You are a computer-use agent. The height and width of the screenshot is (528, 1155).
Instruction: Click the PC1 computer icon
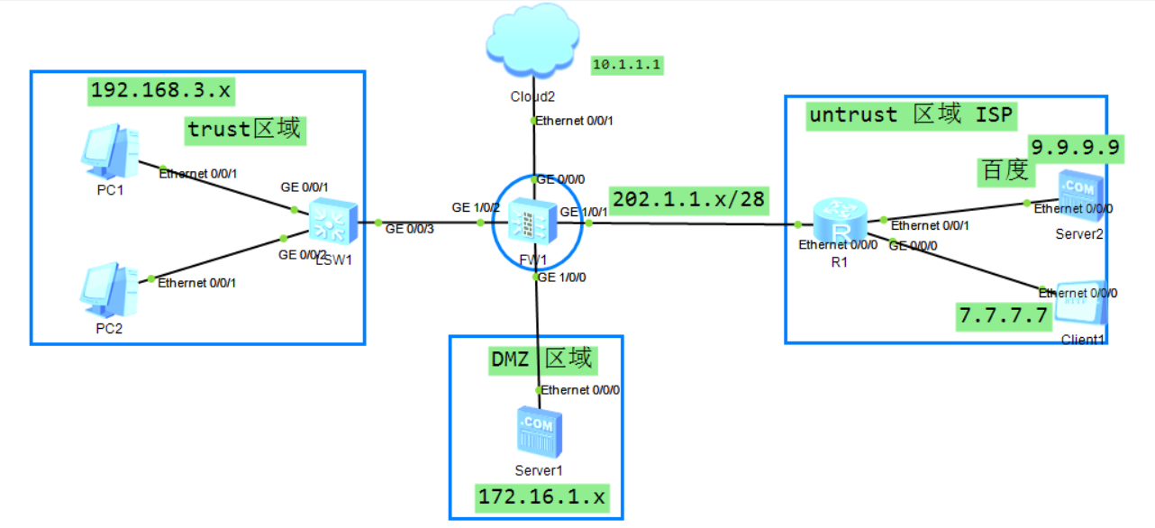tap(110, 151)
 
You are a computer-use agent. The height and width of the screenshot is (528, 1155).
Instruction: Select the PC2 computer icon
tap(109, 290)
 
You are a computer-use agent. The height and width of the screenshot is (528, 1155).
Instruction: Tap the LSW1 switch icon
tap(333, 222)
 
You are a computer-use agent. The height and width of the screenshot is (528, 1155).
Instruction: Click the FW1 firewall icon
tap(532, 223)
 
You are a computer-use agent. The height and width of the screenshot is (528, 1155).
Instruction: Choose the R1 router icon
tap(840, 219)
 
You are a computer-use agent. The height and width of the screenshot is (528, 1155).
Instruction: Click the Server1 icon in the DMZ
tap(540, 432)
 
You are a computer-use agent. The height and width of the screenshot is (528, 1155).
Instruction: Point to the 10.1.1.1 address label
tap(627, 65)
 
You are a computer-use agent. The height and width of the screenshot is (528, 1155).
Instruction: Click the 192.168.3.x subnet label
tap(161, 91)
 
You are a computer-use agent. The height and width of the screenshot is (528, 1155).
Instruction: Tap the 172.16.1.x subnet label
tap(542, 498)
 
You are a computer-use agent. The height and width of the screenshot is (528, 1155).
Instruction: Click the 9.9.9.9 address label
tap(1076, 149)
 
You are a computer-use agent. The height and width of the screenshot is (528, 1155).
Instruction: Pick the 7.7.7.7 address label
tap(1004, 316)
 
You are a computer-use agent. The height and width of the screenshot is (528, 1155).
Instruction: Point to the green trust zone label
tap(245, 131)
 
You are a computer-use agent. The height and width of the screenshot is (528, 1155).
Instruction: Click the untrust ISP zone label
tap(911, 116)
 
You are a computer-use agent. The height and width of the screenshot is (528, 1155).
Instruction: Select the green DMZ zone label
tap(543, 360)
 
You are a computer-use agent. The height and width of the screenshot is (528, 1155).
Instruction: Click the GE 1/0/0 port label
tap(562, 278)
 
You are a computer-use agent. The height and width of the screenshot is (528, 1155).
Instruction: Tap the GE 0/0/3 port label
tap(410, 229)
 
